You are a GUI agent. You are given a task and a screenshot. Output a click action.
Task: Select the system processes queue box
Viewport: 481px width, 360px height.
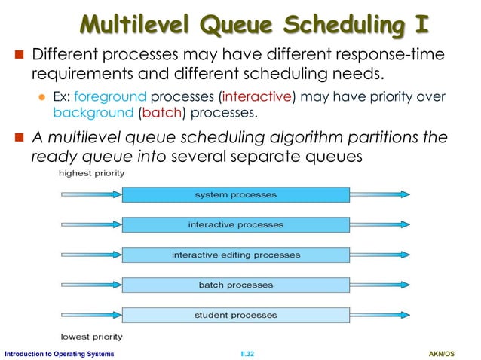pyautogui.click(x=235, y=194)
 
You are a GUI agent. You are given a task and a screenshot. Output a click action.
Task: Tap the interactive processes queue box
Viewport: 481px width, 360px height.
pyautogui.click(x=235, y=224)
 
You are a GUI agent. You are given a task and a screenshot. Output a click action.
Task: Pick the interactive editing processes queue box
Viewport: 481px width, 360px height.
pyautogui.click(x=235, y=255)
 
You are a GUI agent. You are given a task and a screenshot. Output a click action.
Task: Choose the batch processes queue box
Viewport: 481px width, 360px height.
pyautogui.click(x=235, y=285)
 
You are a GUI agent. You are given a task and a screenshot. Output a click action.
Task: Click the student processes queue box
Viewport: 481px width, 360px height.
pyautogui.click(x=235, y=315)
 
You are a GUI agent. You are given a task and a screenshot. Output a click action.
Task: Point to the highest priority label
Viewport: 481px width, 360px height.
pyautogui.click(x=92, y=173)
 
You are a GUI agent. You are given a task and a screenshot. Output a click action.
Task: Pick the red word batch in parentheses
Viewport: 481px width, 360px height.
pyautogui.click(x=158, y=114)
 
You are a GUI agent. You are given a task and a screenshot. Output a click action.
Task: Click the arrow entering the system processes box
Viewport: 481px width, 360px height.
pyautogui.click(x=90, y=194)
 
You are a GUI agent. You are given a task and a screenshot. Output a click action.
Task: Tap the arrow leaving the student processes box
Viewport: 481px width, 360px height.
pyautogui.click(x=380, y=315)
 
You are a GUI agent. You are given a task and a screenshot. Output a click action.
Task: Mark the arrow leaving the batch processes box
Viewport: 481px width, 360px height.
pyautogui.click(x=380, y=285)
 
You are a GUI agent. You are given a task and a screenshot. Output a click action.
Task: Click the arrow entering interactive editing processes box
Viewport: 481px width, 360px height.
pyautogui.click(x=90, y=255)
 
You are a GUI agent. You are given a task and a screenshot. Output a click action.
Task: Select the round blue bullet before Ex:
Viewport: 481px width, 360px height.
pyautogui.click(x=43, y=98)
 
